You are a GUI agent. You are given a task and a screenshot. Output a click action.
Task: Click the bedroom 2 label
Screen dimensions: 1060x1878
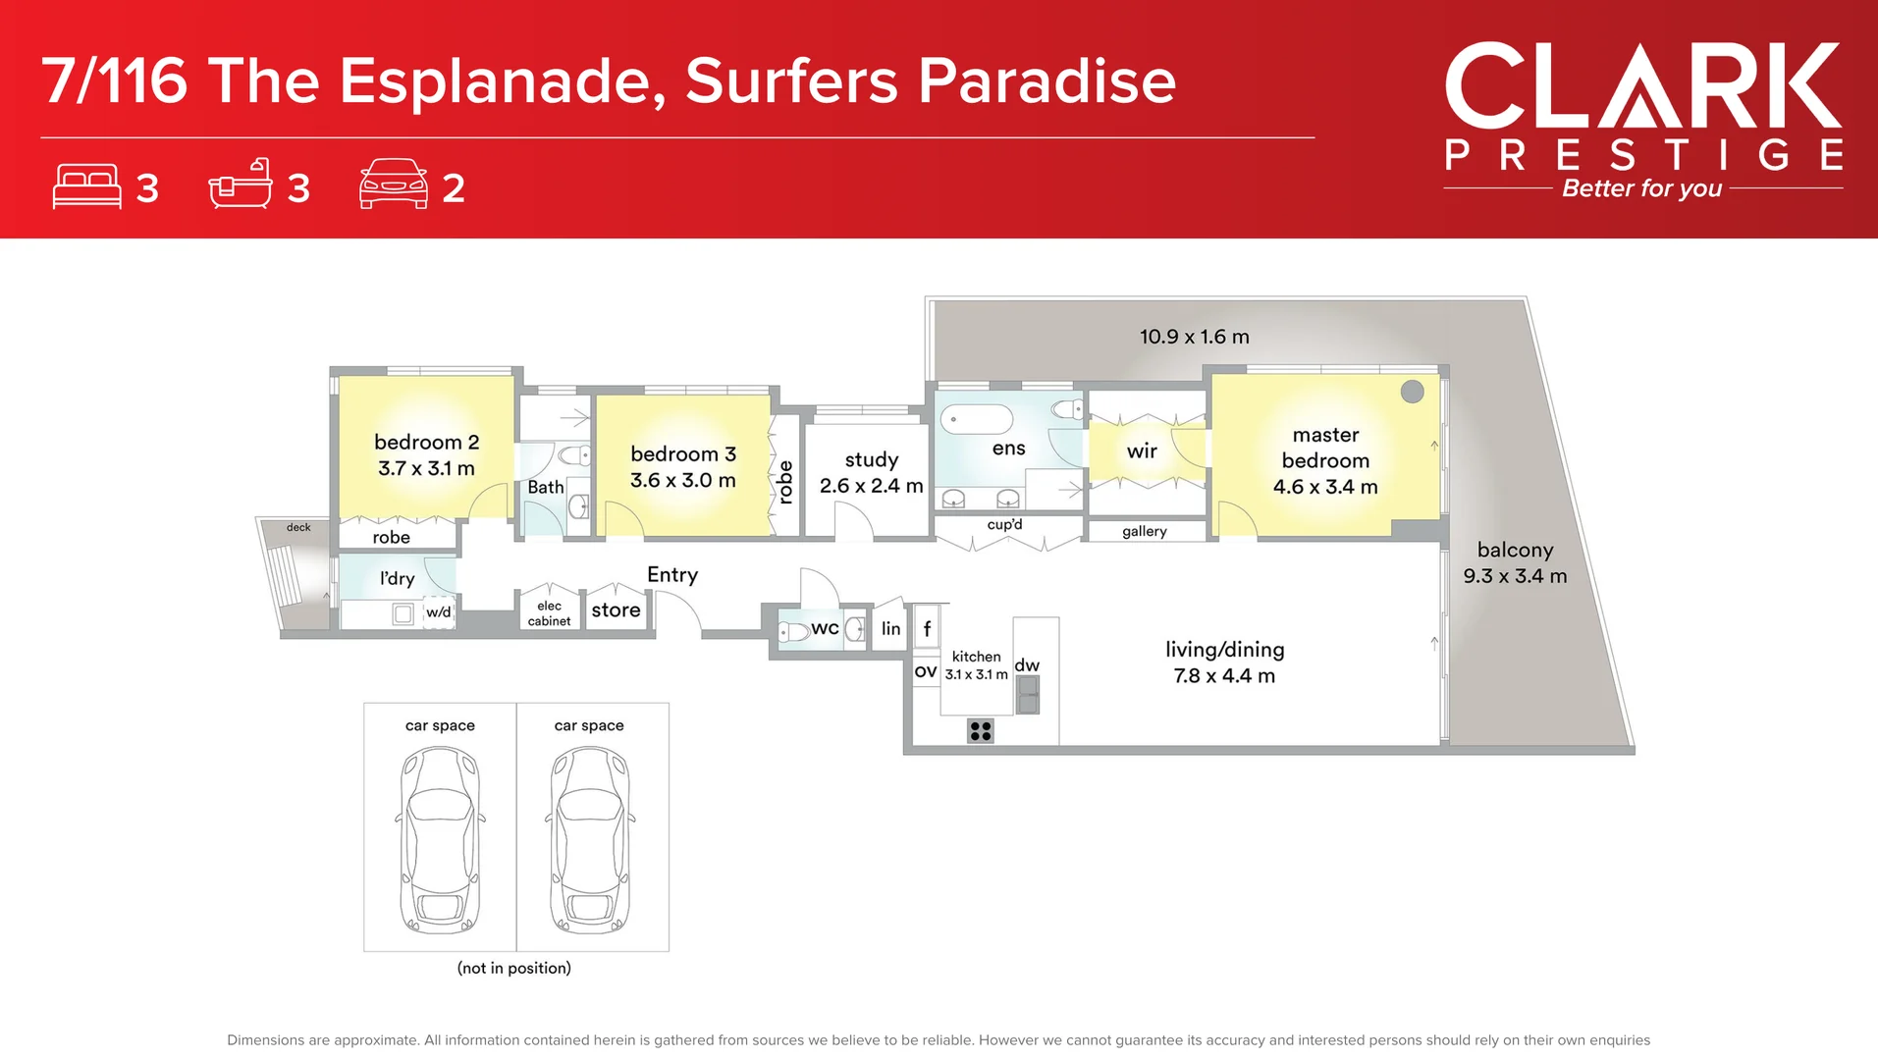[426, 443]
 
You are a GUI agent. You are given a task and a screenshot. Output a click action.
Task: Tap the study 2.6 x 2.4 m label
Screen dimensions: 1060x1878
[871, 472]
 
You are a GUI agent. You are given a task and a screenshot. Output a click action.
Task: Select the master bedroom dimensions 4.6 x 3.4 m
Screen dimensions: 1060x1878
[1324, 487]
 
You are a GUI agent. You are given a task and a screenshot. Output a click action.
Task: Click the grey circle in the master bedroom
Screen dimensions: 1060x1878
[1412, 392]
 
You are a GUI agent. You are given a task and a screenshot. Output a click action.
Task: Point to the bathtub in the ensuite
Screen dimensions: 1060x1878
[976, 419]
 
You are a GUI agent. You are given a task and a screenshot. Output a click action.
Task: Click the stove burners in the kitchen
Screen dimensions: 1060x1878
[980, 730]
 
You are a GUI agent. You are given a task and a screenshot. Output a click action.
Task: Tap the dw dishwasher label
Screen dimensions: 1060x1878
[1027, 665]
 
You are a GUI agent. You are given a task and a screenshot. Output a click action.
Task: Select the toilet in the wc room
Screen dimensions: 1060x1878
[793, 631]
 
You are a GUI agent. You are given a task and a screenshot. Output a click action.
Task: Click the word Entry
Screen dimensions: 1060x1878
[672, 575]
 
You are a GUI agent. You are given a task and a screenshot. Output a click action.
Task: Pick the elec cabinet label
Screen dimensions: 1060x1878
[549, 613]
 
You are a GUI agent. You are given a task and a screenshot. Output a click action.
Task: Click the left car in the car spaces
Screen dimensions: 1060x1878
[440, 839]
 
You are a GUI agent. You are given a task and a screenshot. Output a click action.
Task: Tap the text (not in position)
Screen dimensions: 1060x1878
[513, 968]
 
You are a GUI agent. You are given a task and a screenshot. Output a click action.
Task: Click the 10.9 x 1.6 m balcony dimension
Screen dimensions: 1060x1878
[1194, 337]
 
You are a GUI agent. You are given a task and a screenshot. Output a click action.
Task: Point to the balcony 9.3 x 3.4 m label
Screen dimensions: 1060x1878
[1515, 563]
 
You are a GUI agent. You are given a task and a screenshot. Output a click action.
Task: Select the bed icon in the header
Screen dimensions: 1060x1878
[86, 186]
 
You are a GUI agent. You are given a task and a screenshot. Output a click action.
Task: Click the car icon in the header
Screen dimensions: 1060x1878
[393, 184]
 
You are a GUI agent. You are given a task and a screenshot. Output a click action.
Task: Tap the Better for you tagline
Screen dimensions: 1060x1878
[1641, 188]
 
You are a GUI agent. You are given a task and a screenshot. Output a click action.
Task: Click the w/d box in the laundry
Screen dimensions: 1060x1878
[438, 612]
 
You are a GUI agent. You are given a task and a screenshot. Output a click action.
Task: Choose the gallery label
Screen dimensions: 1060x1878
[1144, 531]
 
